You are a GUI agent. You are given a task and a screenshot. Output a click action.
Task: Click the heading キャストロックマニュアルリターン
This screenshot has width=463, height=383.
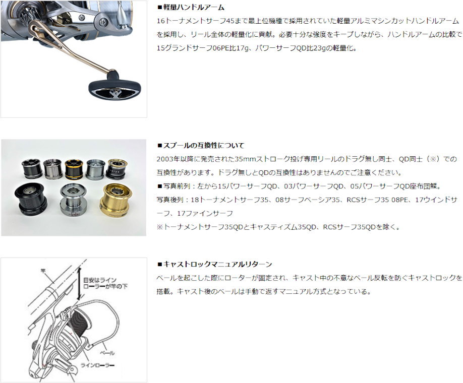(x=217, y=264)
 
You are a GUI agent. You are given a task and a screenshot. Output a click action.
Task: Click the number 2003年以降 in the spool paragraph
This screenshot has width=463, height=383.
(x=176, y=159)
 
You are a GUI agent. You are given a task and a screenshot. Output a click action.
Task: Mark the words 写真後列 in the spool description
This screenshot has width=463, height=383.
(x=172, y=200)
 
